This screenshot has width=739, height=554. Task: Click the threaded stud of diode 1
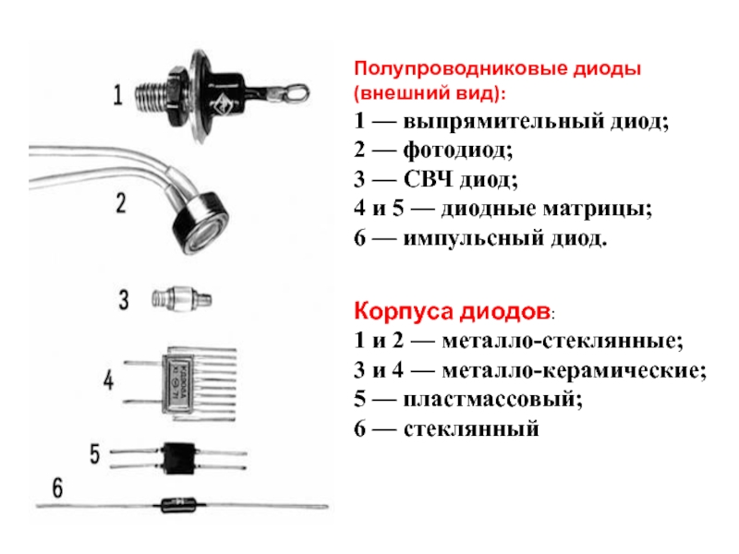click(151, 96)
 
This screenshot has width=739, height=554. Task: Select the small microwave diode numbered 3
click(181, 299)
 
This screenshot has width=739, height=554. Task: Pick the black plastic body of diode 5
click(178, 457)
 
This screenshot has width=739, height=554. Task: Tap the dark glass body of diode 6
click(177, 505)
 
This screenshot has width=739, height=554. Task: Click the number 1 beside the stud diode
click(118, 95)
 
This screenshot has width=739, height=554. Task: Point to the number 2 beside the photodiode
click(121, 203)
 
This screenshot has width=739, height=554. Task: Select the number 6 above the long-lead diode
click(57, 488)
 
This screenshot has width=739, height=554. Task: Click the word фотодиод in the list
click(457, 151)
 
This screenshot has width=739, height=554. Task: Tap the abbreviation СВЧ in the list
click(428, 179)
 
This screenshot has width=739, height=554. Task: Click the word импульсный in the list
click(474, 238)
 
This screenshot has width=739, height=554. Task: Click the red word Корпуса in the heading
click(404, 311)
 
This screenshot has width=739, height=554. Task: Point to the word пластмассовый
click(493, 400)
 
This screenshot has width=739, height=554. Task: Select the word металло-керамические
click(574, 371)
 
